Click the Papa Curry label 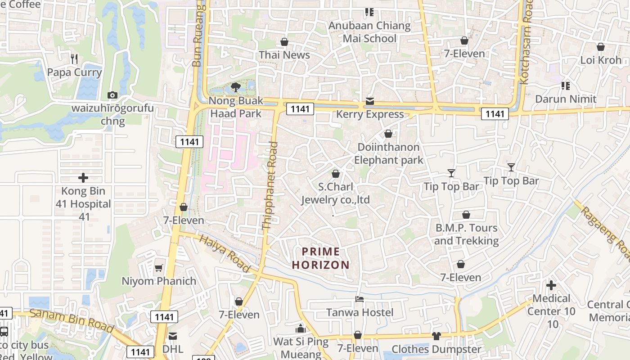(74, 72)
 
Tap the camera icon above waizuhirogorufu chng (112, 95)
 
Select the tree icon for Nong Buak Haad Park (235, 87)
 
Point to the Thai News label (284, 55)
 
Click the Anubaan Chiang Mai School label (369, 32)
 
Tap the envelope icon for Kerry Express (370, 101)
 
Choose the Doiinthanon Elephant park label (389, 153)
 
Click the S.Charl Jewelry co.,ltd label (335, 193)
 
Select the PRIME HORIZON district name (321, 258)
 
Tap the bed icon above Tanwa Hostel (360, 299)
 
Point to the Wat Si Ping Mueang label (301, 348)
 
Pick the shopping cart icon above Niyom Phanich (158, 268)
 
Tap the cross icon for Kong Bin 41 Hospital (83, 178)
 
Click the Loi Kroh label (600, 60)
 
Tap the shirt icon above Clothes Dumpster (436, 336)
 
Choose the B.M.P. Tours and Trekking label (466, 234)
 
